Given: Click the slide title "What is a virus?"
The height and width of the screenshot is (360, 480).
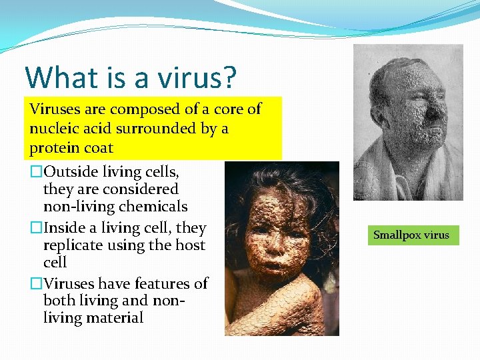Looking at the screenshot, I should click(x=131, y=77).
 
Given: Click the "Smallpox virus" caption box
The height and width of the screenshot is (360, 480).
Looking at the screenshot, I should click(x=413, y=235).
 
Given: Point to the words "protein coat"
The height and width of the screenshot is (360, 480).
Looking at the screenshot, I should click(x=71, y=147).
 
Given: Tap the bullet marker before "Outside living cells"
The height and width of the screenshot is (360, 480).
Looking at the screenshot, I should click(x=35, y=172).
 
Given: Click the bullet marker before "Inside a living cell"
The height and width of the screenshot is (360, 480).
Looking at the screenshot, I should click(x=35, y=228).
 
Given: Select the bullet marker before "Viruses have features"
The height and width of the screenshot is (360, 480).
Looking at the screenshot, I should click(x=35, y=284).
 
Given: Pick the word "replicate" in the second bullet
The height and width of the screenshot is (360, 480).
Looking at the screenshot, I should click(x=72, y=245).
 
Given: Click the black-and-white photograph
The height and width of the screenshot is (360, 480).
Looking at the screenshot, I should click(x=408, y=123).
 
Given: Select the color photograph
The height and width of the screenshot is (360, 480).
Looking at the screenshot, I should click(x=281, y=248).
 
